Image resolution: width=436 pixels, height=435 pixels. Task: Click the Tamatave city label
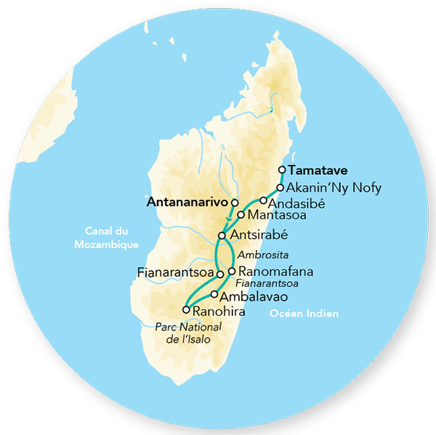pos(318,171)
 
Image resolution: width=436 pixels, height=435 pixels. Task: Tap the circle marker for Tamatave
pos(282,171)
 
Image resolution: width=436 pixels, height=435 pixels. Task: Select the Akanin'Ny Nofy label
pos(323,187)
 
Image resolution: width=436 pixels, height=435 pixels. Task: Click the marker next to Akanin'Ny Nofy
pos(279,187)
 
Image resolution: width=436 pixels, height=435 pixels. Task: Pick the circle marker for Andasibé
pos(263,200)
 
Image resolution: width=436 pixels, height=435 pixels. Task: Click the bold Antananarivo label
pos(187,201)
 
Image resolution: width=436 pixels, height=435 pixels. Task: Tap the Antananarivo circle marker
pos(234,201)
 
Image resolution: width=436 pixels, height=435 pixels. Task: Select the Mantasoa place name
pos(272,216)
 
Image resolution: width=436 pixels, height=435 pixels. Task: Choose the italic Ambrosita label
pos(259,256)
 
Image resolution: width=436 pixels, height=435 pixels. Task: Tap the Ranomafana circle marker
pos(231,272)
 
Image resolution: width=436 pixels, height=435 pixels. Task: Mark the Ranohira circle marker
pos(186,310)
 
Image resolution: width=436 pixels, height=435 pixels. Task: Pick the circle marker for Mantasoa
pos(241,215)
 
